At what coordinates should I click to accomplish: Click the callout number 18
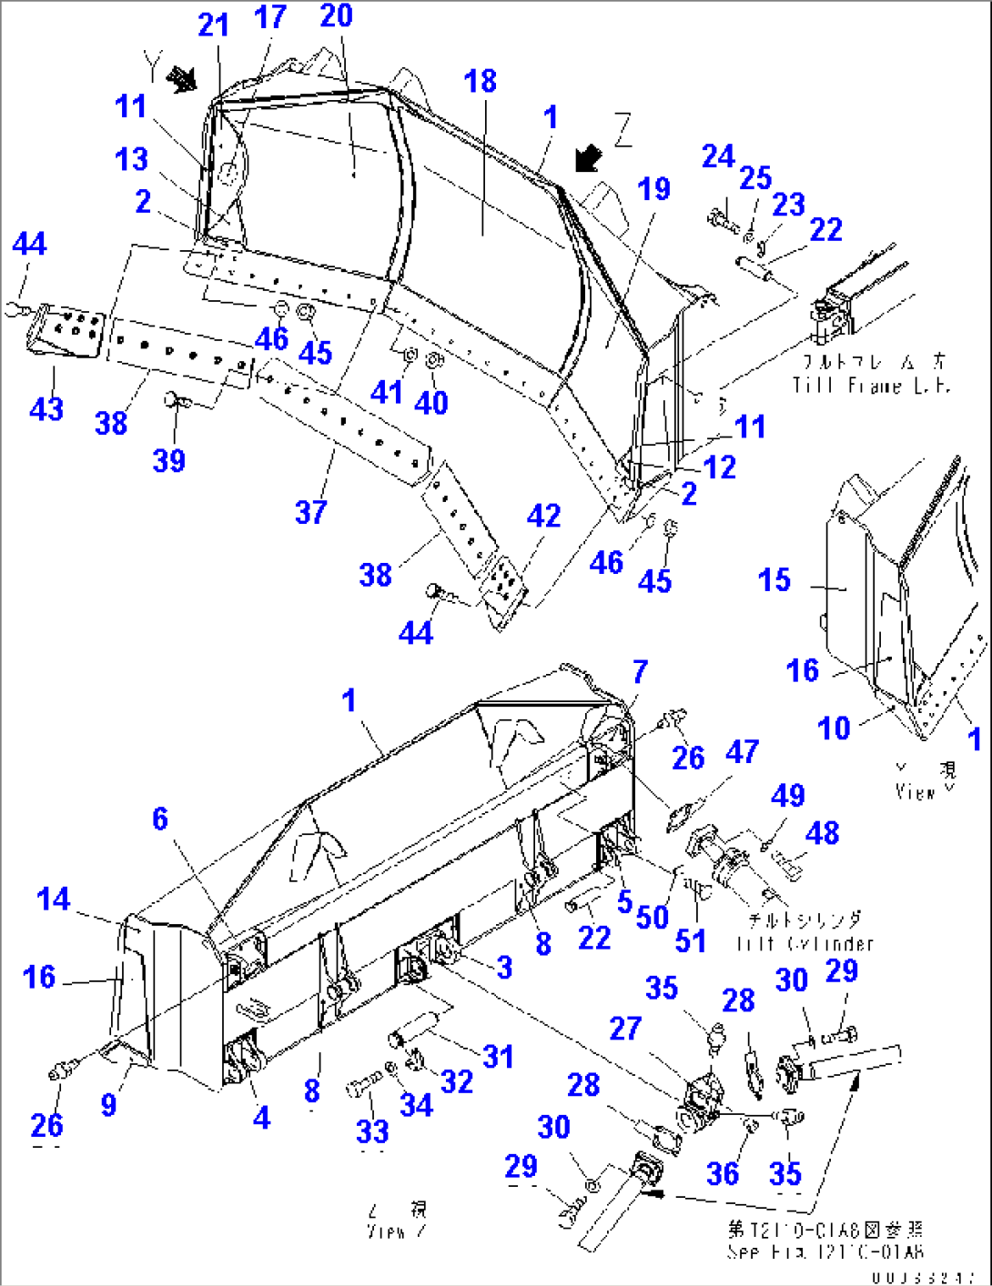click(x=480, y=81)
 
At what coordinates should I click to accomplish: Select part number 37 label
click(x=310, y=512)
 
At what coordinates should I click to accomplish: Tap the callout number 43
click(x=46, y=408)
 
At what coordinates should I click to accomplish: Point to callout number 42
click(x=543, y=516)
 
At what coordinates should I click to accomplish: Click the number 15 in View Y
click(x=774, y=579)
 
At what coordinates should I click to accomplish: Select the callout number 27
click(x=624, y=1029)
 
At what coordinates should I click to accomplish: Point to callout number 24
click(x=717, y=156)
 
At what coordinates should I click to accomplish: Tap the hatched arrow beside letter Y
click(x=183, y=81)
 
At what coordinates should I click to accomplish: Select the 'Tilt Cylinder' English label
click(x=805, y=943)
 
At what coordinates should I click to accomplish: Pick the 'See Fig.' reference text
click(x=825, y=1251)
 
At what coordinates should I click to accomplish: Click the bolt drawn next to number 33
click(x=362, y=1086)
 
